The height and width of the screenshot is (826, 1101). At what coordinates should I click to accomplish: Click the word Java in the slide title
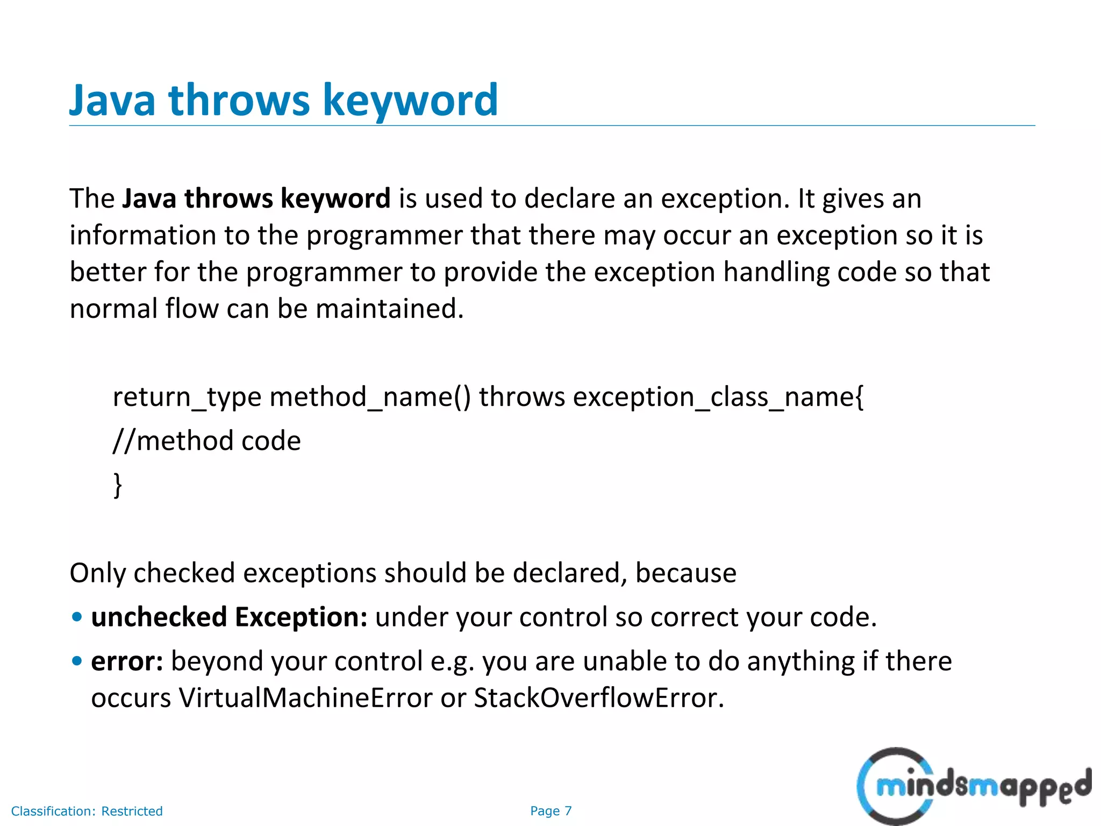[112, 101]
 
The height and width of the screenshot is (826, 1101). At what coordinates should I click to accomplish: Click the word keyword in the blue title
[410, 101]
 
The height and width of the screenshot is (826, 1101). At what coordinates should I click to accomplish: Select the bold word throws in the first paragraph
[228, 198]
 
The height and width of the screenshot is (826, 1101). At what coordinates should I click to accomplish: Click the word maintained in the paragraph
[389, 309]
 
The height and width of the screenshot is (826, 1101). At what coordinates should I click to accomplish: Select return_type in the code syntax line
[187, 397]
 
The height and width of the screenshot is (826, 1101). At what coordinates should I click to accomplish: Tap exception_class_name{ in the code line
[718, 397]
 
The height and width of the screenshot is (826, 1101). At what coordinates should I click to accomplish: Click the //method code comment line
[207, 441]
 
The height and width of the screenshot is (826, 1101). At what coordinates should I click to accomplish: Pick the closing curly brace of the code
[118, 485]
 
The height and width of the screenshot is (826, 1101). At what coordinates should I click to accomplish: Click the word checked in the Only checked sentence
[184, 573]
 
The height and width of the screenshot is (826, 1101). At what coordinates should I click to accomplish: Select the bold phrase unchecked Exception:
[229, 617]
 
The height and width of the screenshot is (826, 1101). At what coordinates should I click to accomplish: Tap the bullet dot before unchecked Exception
[77, 617]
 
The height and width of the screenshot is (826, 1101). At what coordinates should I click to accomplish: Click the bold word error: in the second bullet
[127, 661]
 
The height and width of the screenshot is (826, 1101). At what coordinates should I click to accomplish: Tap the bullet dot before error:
[77, 661]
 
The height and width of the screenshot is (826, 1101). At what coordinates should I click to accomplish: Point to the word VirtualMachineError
[305, 698]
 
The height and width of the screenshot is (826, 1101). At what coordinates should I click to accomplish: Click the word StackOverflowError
[598, 698]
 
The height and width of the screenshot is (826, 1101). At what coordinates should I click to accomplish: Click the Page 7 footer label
[550, 811]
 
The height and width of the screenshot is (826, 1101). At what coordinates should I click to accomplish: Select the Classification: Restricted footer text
[87, 811]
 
